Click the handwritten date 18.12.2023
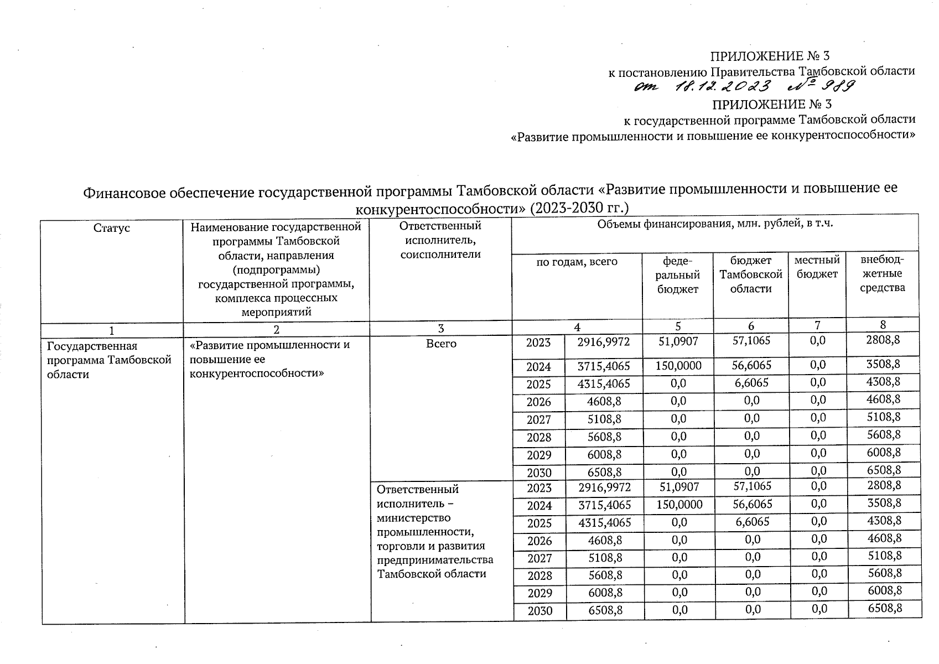coord(723,87)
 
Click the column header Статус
coord(112,228)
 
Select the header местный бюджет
coord(817,267)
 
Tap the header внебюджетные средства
coord(882,273)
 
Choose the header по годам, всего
coord(577,262)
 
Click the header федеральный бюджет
coord(678,274)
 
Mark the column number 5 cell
coord(678,326)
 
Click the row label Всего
coord(441,344)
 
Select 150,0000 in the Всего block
coord(678,365)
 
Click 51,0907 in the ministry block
coord(678,486)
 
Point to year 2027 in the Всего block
coord(538,419)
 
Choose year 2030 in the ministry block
coord(539,611)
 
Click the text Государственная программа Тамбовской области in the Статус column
coord(108,360)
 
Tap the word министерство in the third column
coord(413,518)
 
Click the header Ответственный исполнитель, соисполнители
coord(440,240)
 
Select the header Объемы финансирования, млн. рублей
coord(715,224)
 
